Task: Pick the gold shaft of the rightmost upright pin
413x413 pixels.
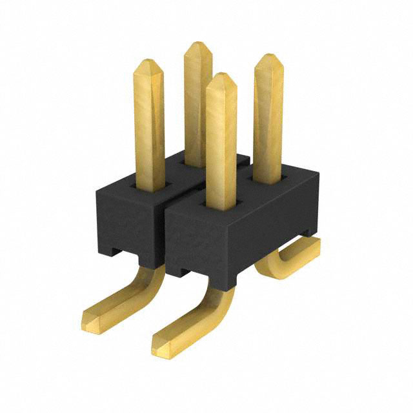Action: (268, 123)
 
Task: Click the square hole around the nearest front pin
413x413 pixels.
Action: (221, 206)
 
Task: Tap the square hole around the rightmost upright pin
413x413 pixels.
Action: (268, 177)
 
